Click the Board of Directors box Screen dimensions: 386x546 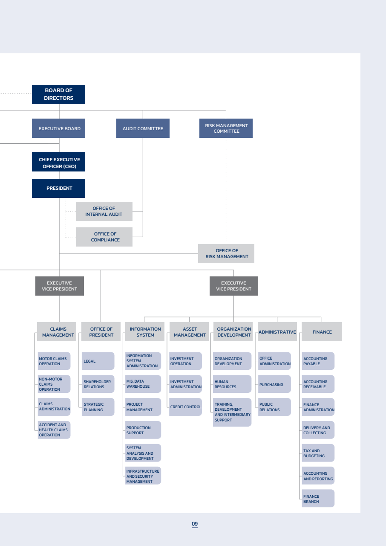[x=58, y=94]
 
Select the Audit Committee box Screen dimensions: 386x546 [x=143, y=128]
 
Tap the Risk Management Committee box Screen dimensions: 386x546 [x=226, y=128]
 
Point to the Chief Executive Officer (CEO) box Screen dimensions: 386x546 [x=58, y=162]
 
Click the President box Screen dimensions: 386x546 [x=58, y=188]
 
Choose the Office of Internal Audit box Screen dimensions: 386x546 [x=104, y=211]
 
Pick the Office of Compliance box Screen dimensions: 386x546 [x=104, y=237]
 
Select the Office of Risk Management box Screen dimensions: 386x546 [x=226, y=253]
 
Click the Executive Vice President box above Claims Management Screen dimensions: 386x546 [x=60, y=286]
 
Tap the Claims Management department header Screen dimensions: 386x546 [x=57, y=332]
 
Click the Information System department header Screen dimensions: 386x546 [x=145, y=332]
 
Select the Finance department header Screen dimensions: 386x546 [x=322, y=332]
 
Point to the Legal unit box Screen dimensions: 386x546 [x=98, y=361]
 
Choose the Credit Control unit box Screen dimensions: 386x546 [x=185, y=407]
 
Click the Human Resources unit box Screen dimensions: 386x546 [x=232, y=384]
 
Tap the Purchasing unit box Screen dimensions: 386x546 [x=274, y=384]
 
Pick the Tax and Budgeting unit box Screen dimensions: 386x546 [x=318, y=453]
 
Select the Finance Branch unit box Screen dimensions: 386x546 [x=318, y=498]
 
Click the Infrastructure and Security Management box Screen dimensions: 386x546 [x=143, y=476]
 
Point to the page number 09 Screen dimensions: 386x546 [x=195, y=524]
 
